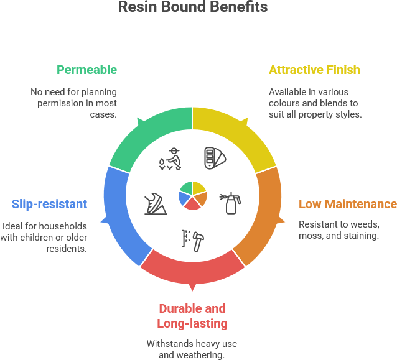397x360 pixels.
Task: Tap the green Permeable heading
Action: coord(86,70)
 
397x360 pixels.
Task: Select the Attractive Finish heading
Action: coord(314,70)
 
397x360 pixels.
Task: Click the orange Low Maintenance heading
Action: coord(347,204)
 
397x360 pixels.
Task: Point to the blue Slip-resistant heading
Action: coord(49,204)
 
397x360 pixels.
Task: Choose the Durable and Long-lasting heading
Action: coord(192,316)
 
